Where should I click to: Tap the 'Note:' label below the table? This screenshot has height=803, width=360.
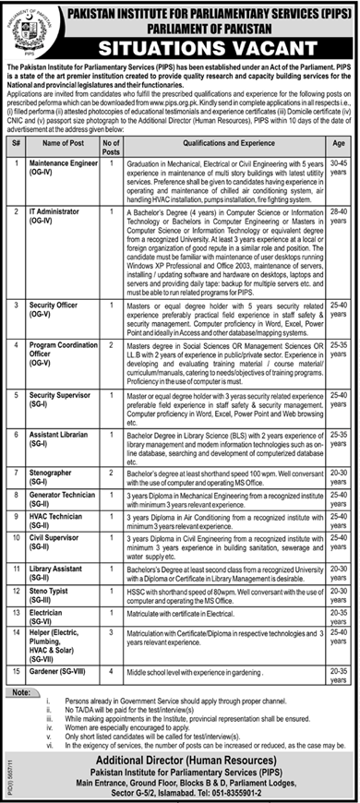[x=17, y=691]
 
